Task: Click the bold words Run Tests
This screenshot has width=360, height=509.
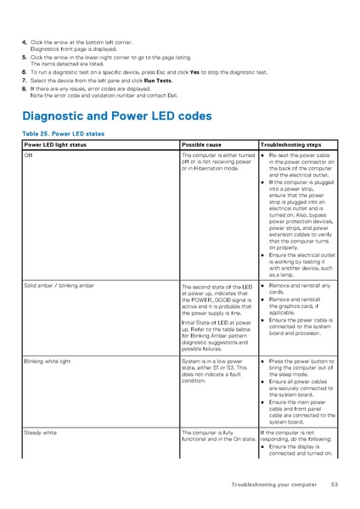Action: [x=161, y=81]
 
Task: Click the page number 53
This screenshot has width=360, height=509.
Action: [x=335, y=484]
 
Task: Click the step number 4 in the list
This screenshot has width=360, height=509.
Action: [x=24, y=42]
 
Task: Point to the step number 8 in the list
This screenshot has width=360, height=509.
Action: [x=24, y=88]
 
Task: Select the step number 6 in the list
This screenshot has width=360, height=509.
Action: [x=24, y=73]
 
